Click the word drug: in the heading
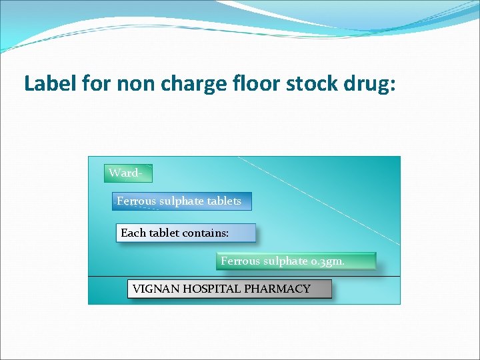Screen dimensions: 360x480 [369, 84]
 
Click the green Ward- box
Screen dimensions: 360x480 [129, 173]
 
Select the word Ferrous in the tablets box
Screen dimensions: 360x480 [136, 201]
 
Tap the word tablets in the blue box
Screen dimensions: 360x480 [224, 201]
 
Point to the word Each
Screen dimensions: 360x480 [133, 233]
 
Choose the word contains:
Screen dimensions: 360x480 [204, 233]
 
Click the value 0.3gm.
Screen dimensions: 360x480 [328, 261]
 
